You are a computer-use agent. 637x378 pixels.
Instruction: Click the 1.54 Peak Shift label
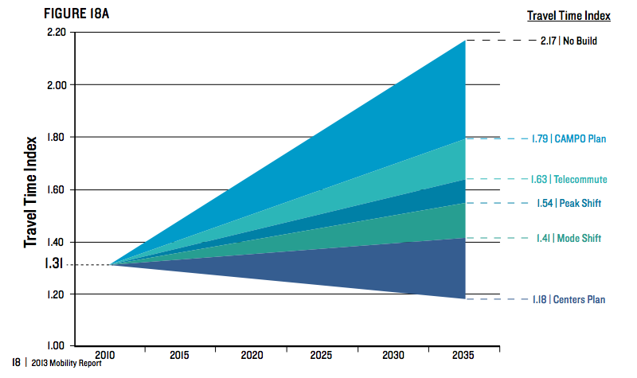[x=569, y=204]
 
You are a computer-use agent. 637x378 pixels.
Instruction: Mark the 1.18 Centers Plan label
[x=569, y=300]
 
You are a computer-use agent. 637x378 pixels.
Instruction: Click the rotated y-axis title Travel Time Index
[x=31, y=192]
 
